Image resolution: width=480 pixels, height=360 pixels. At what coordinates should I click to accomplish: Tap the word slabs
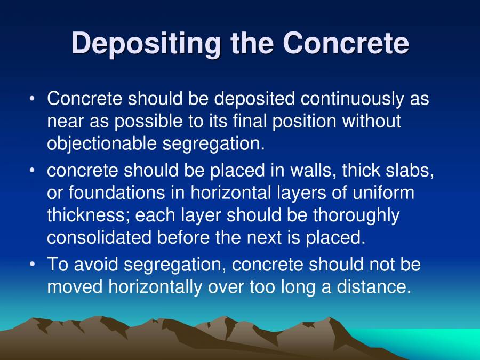pos(411,171)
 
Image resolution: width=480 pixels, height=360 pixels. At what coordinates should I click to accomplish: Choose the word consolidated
pos(99,238)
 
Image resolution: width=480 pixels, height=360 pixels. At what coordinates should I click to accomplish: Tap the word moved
pos(75,287)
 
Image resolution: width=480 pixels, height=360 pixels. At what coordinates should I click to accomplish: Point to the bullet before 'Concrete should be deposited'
pos(33,99)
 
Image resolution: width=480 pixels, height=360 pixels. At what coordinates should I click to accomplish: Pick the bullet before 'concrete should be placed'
pos(33,171)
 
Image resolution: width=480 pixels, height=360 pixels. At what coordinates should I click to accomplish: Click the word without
pos(371,122)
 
